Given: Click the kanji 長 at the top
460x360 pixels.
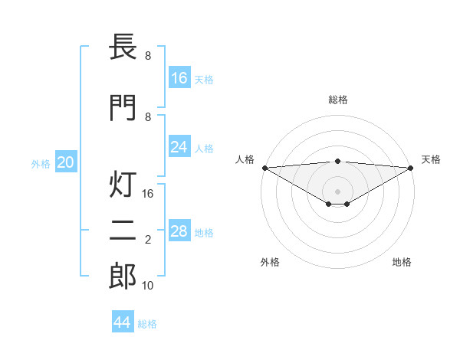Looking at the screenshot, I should (x=123, y=47).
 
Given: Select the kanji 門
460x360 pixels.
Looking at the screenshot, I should (x=123, y=108).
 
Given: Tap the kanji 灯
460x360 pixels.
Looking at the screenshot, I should (x=123, y=186).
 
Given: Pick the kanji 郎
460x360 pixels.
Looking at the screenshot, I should (x=123, y=277).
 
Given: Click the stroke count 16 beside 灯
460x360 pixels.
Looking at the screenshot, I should (x=149, y=194).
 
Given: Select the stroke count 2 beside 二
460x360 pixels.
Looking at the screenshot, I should (x=148, y=240).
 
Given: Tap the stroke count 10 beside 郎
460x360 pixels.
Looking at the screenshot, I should (x=149, y=285).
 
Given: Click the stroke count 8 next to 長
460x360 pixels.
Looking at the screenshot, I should (x=148, y=56).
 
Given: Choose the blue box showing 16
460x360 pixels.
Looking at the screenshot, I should (x=179, y=78).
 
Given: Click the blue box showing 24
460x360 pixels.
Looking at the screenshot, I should (x=179, y=147).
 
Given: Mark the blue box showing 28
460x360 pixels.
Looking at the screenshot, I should (x=179, y=231).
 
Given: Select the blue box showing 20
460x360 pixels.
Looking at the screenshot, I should (x=66, y=162).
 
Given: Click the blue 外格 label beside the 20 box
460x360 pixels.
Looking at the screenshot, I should (x=41, y=163).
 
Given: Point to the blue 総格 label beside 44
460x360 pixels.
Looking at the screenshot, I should (x=147, y=323).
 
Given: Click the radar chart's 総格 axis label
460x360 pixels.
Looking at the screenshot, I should (x=337, y=100).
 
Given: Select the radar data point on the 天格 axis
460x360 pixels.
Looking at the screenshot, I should (x=411, y=168).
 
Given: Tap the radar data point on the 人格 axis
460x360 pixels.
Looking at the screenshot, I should (x=264, y=168).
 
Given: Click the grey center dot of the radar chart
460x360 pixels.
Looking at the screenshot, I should (x=337, y=191).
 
